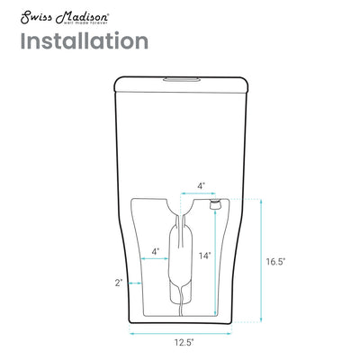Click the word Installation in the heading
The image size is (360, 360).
click(85, 41)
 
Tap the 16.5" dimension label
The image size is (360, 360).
click(275, 262)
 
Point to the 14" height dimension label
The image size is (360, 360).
click(205, 256)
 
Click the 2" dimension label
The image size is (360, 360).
click(118, 283)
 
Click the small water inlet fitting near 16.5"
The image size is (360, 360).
click(215, 206)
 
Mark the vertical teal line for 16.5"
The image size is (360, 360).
click(262, 261)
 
